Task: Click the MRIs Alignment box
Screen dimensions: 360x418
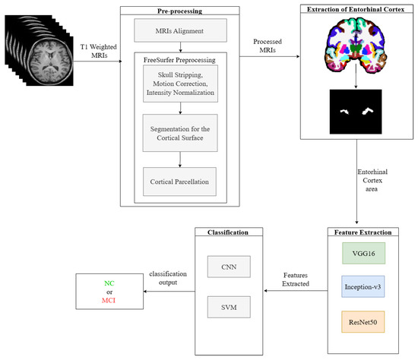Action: (x=179, y=32)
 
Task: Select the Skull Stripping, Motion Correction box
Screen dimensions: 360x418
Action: (x=179, y=84)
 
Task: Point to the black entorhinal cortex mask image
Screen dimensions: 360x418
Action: (x=352, y=112)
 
